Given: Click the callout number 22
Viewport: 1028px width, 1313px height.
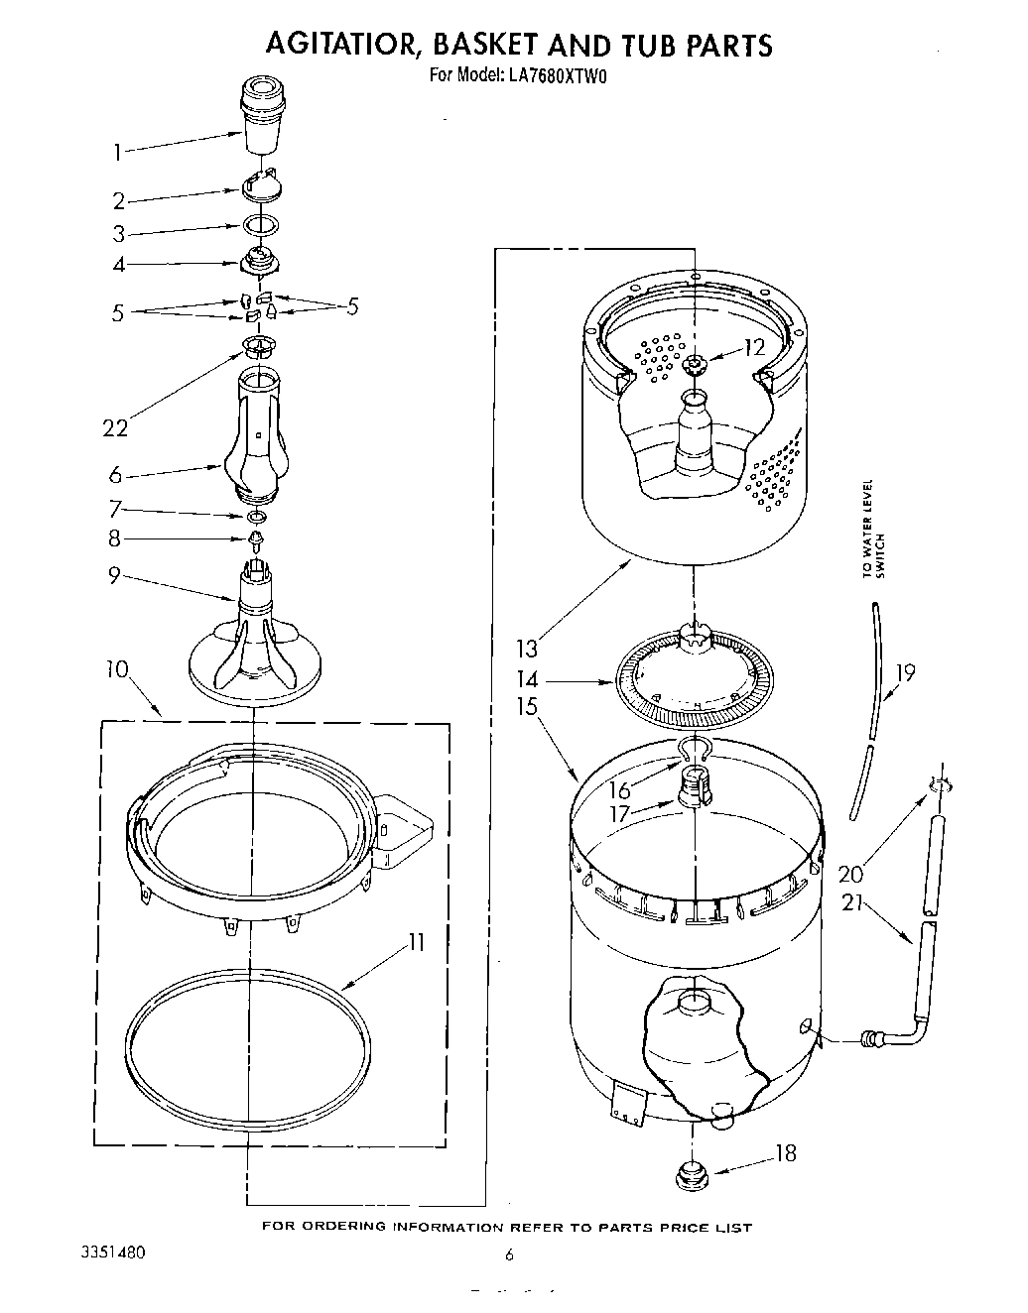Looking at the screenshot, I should [115, 427].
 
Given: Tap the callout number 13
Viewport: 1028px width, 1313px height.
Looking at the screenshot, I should [526, 649].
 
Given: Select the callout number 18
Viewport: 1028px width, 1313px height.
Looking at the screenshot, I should [785, 1153].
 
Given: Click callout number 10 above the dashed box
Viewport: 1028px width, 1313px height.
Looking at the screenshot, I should [116, 668].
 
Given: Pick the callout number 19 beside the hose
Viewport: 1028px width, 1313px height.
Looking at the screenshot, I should [904, 673].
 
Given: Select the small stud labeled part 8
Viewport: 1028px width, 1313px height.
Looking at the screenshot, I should [258, 539].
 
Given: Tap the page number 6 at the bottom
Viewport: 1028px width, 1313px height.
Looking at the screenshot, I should [509, 1254].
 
